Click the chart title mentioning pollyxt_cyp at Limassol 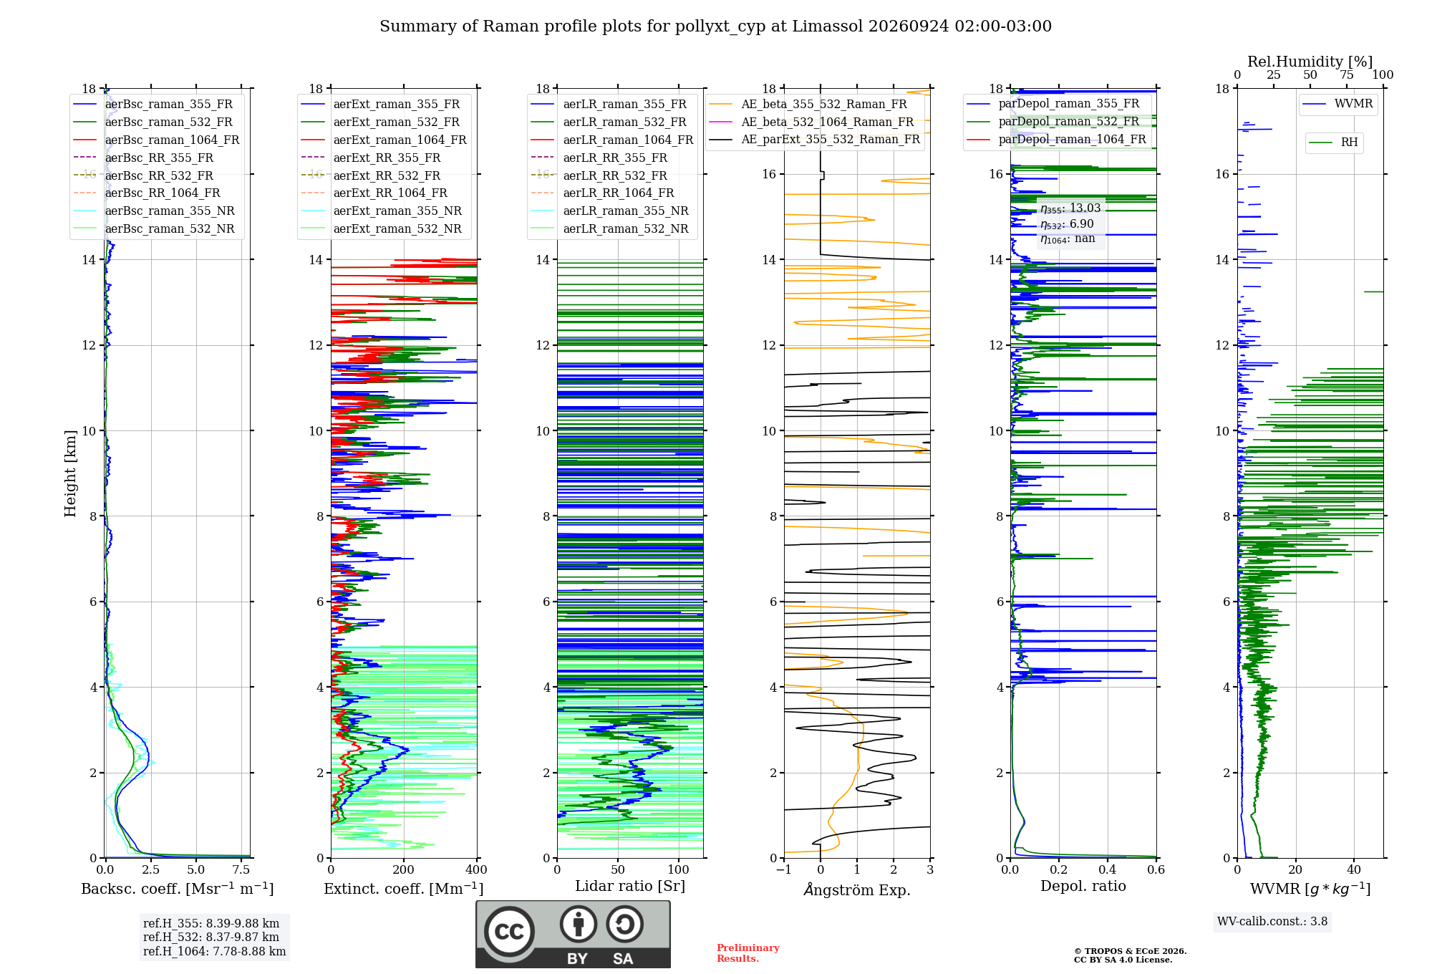coord(715,26)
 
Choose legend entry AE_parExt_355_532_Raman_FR coord(814,139)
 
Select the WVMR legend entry coord(1337,104)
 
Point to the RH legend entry coord(1333,143)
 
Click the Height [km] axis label coord(70,473)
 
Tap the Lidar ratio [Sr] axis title coord(630,886)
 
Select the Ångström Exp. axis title coord(857,889)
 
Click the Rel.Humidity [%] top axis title coord(1310,62)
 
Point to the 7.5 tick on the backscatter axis coord(241,870)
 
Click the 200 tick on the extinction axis coord(404,870)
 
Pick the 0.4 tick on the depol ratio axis coord(1108,870)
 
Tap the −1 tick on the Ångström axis coord(784,870)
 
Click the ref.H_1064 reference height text coord(214,952)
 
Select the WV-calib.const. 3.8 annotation coord(1272,922)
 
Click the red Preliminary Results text coord(748,953)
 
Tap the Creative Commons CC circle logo coord(509,932)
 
